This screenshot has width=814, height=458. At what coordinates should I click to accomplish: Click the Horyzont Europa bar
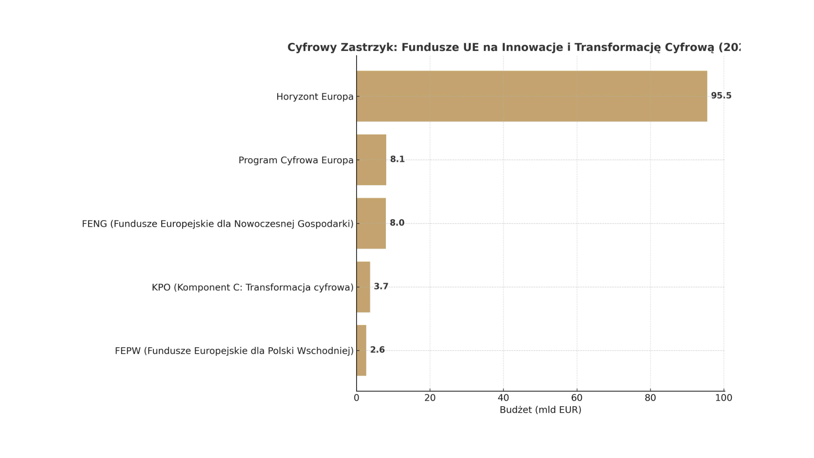pyautogui.click(x=532, y=96)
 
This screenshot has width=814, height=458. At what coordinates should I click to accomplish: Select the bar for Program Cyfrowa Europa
pyautogui.click(x=371, y=160)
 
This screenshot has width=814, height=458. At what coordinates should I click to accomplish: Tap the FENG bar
pyautogui.click(x=371, y=223)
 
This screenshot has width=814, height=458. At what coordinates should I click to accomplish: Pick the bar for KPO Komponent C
pyautogui.click(x=363, y=287)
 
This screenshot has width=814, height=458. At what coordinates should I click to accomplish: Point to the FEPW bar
pyautogui.click(x=361, y=350)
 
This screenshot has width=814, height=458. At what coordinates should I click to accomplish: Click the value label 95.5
pyautogui.click(x=721, y=96)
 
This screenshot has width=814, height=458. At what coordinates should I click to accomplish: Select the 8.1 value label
pyautogui.click(x=397, y=159)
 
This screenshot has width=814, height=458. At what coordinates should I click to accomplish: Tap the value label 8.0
pyautogui.click(x=397, y=223)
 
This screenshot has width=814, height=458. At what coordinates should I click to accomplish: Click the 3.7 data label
pyautogui.click(x=381, y=287)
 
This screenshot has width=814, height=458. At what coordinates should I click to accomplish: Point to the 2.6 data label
pyautogui.click(x=377, y=350)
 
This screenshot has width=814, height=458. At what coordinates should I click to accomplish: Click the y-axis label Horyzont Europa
pyautogui.click(x=315, y=97)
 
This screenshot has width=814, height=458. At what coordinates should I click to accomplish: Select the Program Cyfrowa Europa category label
pyautogui.click(x=295, y=160)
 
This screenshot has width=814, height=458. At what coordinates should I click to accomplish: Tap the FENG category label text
pyautogui.click(x=217, y=224)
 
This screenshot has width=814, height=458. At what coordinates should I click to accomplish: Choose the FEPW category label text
pyautogui.click(x=234, y=351)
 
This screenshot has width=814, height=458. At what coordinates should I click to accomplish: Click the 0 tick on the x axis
pyautogui.click(x=357, y=398)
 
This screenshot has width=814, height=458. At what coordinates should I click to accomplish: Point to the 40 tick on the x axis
pyautogui.click(x=503, y=398)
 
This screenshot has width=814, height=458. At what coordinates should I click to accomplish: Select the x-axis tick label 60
pyautogui.click(x=577, y=398)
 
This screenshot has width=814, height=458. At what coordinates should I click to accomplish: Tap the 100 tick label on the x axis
pyautogui.click(x=724, y=398)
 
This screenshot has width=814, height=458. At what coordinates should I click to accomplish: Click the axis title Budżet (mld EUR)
pyautogui.click(x=540, y=410)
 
